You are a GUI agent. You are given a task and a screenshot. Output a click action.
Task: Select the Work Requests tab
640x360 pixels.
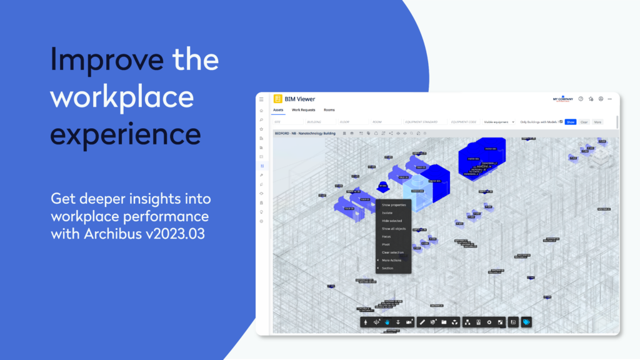(x=304, y=110)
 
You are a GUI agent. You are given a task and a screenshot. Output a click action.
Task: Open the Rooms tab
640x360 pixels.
(x=329, y=110)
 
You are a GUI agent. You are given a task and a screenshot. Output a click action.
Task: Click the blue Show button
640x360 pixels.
(x=570, y=122)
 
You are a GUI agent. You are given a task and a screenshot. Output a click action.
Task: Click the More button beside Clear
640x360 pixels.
(x=597, y=122)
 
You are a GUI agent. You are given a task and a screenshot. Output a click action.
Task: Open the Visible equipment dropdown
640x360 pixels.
(x=499, y=122)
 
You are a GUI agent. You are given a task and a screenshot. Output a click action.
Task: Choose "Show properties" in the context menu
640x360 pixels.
(x=394, y=204)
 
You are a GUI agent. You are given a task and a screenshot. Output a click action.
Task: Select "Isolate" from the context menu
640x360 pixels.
(x=387, y=212)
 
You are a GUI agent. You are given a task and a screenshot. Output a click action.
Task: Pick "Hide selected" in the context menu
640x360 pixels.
(x=392, y=221)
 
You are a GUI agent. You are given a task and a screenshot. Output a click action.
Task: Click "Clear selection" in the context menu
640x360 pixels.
(x=392, y=252)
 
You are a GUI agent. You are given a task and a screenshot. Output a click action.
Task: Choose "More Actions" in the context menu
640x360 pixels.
(x=392, y=260)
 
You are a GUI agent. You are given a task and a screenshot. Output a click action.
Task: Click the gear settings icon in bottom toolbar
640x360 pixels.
(x=489, y=322)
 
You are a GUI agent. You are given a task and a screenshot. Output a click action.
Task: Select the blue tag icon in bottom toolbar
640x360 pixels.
(x=526, y=322)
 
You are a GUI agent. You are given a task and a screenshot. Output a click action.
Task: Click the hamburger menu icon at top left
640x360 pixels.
(x=261, y=99)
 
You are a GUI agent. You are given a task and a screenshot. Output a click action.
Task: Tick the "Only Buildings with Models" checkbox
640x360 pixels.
(x=561, y=122)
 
